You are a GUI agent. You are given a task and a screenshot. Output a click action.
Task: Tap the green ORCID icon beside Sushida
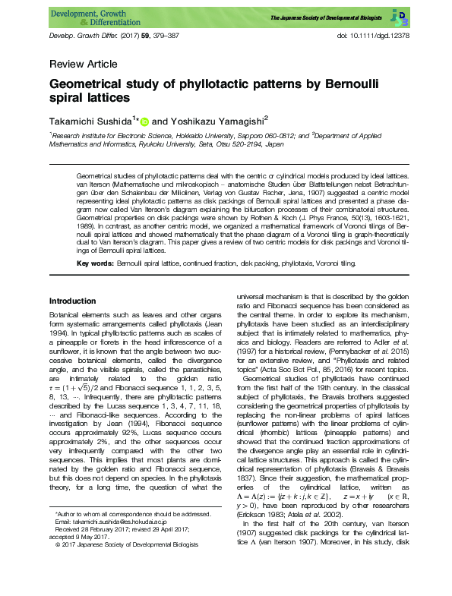click(x=145, y=121)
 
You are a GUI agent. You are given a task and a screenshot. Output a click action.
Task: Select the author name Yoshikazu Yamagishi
click(x=217, y=120)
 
